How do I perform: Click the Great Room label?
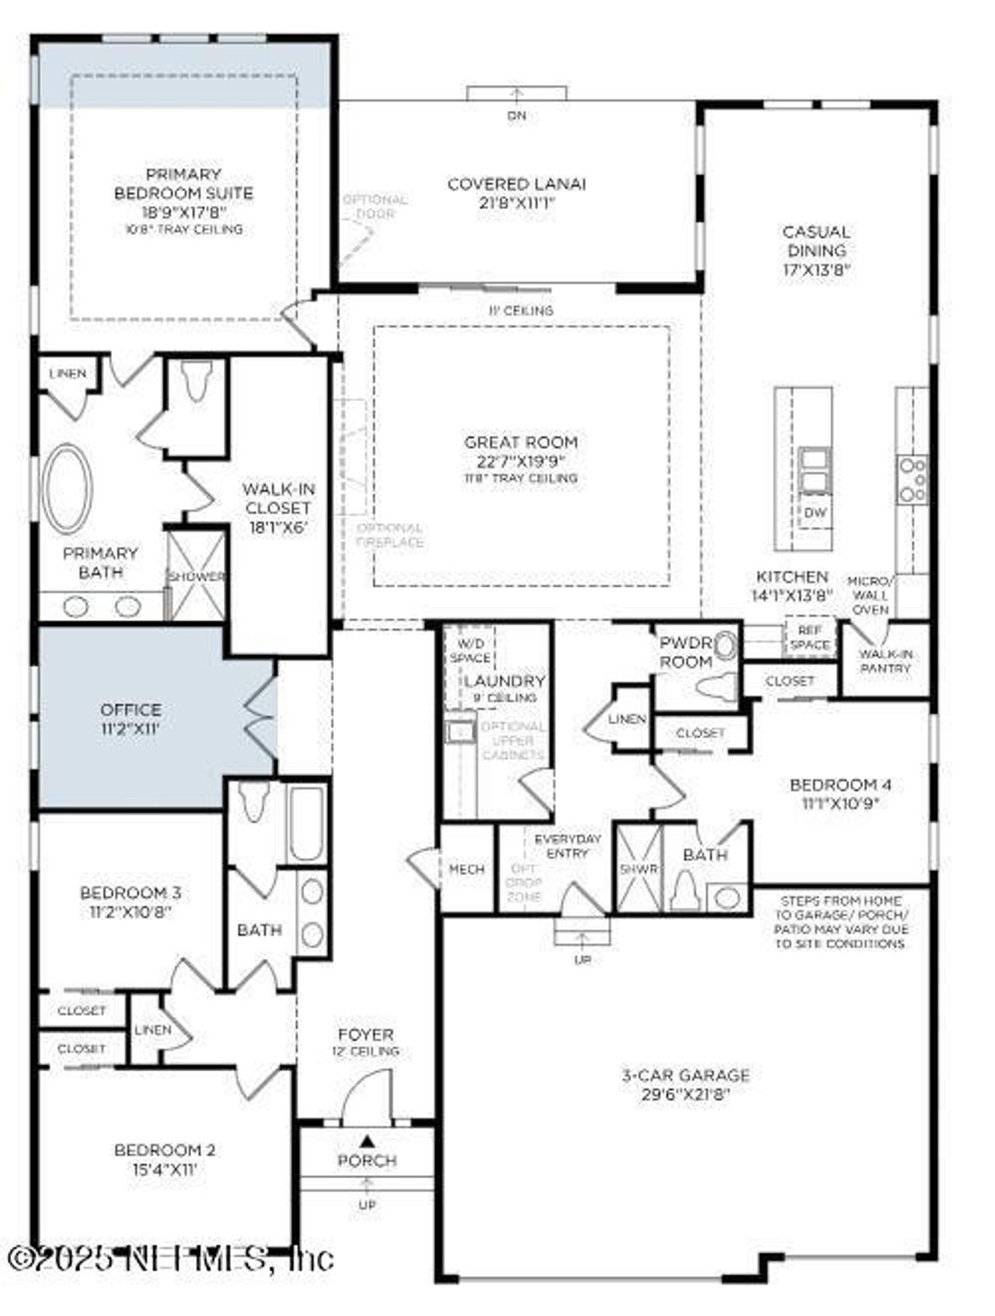click(521, 442)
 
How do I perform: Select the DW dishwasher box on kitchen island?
click(814, 513)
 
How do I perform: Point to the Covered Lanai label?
click(516, 184)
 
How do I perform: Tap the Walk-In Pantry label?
click(885, 661)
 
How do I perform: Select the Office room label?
click(131, 710)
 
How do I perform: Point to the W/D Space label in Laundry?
click(470, 650)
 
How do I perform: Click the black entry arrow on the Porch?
click(368, 1140)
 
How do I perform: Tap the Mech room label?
click(466, 869)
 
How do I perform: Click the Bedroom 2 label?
click(165, 1150)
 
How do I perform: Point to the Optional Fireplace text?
click(389, 535)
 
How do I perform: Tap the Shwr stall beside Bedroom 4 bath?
click(638, 868)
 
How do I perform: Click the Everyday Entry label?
click(567, 846)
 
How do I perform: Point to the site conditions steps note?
click(841, 922)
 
